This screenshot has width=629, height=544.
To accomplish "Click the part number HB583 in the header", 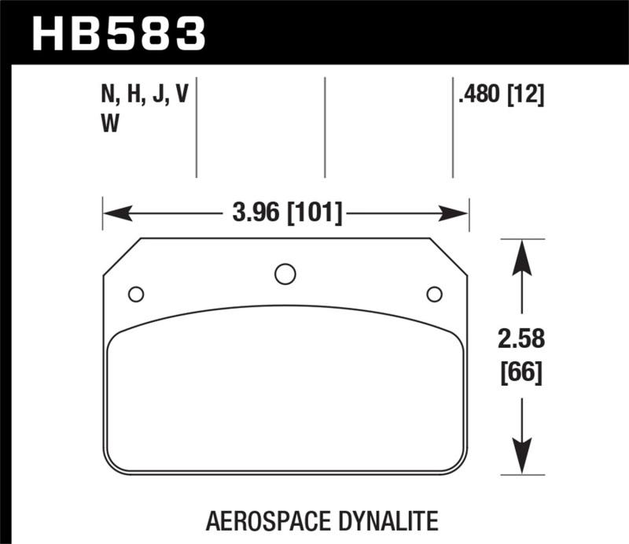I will [x=118, y=32].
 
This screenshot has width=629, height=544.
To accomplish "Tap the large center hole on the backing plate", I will [x=285, y=274].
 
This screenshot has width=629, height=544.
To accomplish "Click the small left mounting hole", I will [x=135, y=294].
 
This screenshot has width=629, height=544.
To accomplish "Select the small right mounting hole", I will [x=433, y=294].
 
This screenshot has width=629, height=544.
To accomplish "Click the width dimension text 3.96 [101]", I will [x=286, y=213].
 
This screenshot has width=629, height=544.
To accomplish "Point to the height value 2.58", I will [x=520, y=341].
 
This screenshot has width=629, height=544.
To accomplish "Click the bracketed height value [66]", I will [x=520, y=372].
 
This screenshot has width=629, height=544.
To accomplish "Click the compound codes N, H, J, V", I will [x=145, y=96].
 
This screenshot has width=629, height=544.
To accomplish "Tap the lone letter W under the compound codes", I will [x=111, y=124].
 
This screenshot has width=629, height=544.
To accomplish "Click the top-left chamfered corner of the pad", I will [x=122, y=256].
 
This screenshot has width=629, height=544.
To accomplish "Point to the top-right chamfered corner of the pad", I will [x=449, y=256].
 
